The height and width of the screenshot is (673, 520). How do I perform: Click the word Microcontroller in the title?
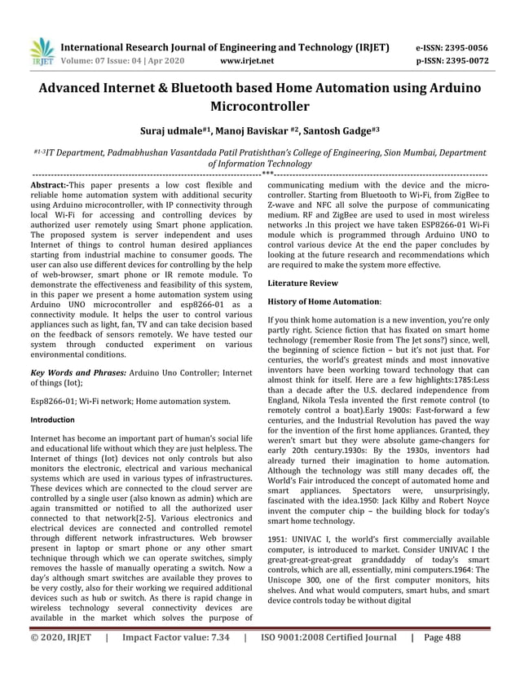(260, 106)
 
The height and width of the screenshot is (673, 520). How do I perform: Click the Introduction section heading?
(52, 420)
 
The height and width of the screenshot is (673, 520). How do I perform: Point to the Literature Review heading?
(302, 283)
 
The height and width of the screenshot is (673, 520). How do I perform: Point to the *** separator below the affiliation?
(267, 174)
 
